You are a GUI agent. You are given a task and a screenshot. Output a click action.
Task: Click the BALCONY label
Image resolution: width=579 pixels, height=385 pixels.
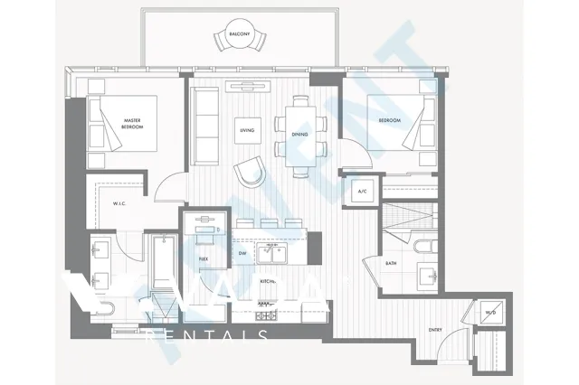(240, 33)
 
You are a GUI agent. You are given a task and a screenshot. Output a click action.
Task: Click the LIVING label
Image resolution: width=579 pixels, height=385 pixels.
(247, 130)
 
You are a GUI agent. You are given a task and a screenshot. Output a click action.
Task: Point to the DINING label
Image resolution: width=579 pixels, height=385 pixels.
(299, 134)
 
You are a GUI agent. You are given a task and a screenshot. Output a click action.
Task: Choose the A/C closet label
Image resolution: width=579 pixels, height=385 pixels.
(362, 192)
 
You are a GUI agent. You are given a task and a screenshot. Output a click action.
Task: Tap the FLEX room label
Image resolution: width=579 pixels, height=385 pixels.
(204, 258)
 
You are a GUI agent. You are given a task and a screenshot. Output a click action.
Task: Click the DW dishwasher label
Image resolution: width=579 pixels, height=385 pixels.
(242, 254)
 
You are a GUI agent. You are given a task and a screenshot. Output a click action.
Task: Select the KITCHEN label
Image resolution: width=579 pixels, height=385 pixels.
(268, 282)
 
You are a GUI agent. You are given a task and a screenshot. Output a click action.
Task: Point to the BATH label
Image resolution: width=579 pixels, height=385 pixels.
(391, 264)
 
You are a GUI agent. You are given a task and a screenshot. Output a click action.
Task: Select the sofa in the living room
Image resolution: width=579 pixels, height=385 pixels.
(204, 127)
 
